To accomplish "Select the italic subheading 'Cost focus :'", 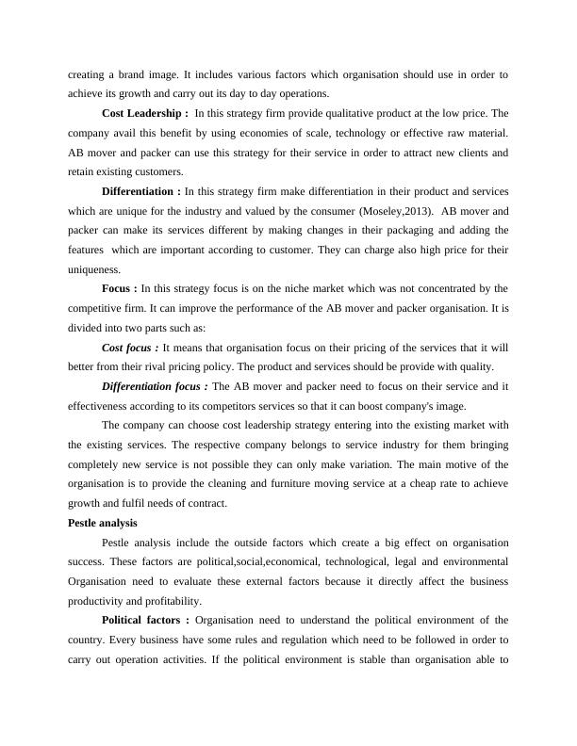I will click(131, 348).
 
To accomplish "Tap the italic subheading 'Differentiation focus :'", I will click(156, 386).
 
